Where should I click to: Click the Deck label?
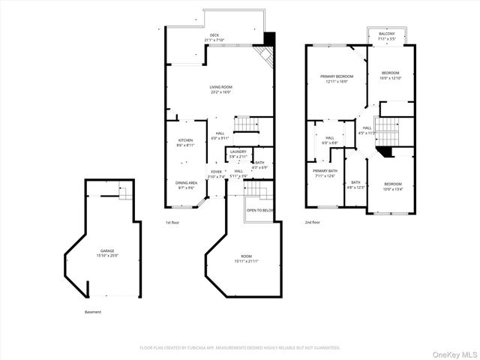214,37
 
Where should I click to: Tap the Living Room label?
220,90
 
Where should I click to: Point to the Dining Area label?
186,185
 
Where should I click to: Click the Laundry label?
238,154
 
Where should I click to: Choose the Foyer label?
216,174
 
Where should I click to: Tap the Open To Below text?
259,211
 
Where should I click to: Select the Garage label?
108,253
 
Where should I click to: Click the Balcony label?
386,36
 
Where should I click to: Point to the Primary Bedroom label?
337,79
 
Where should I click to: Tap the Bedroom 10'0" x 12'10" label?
391,76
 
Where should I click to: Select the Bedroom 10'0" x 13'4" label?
393,187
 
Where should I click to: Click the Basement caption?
92,312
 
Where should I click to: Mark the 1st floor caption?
173,223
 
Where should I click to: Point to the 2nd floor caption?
312,223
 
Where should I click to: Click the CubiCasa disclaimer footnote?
240,347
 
